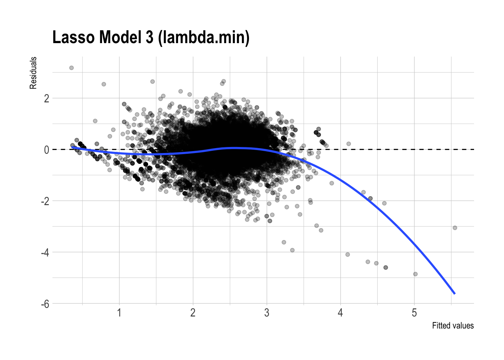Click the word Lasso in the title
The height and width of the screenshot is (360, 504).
tap(73, 37)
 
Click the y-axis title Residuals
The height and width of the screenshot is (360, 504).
tap(33, 73)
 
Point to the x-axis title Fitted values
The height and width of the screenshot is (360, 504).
tap(453, 325)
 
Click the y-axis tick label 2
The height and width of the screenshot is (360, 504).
tap(46, 99)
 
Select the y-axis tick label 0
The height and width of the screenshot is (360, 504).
tap(46, 150)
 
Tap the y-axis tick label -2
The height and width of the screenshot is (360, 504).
tap(45, 201)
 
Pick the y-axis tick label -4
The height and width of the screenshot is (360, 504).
tap(45, 253)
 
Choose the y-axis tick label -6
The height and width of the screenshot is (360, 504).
tap(45, 304)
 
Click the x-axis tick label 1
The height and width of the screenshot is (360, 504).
tap(119, 313)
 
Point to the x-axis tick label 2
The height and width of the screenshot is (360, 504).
tap(193, 313)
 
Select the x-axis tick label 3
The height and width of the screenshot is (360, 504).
tap(267, 313)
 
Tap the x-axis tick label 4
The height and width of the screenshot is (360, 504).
tap(340, 313)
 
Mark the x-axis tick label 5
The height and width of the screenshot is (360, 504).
tap(414, 313)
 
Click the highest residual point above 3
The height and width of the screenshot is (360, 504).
tap(71, 68)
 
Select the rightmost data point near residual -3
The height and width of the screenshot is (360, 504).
tap(455, 228)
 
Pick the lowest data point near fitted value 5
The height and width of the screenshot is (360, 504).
tap(415, 274)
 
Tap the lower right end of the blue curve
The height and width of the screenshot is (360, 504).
tap(454, 293)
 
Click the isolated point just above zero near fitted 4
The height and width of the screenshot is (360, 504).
tap(348, 144)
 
